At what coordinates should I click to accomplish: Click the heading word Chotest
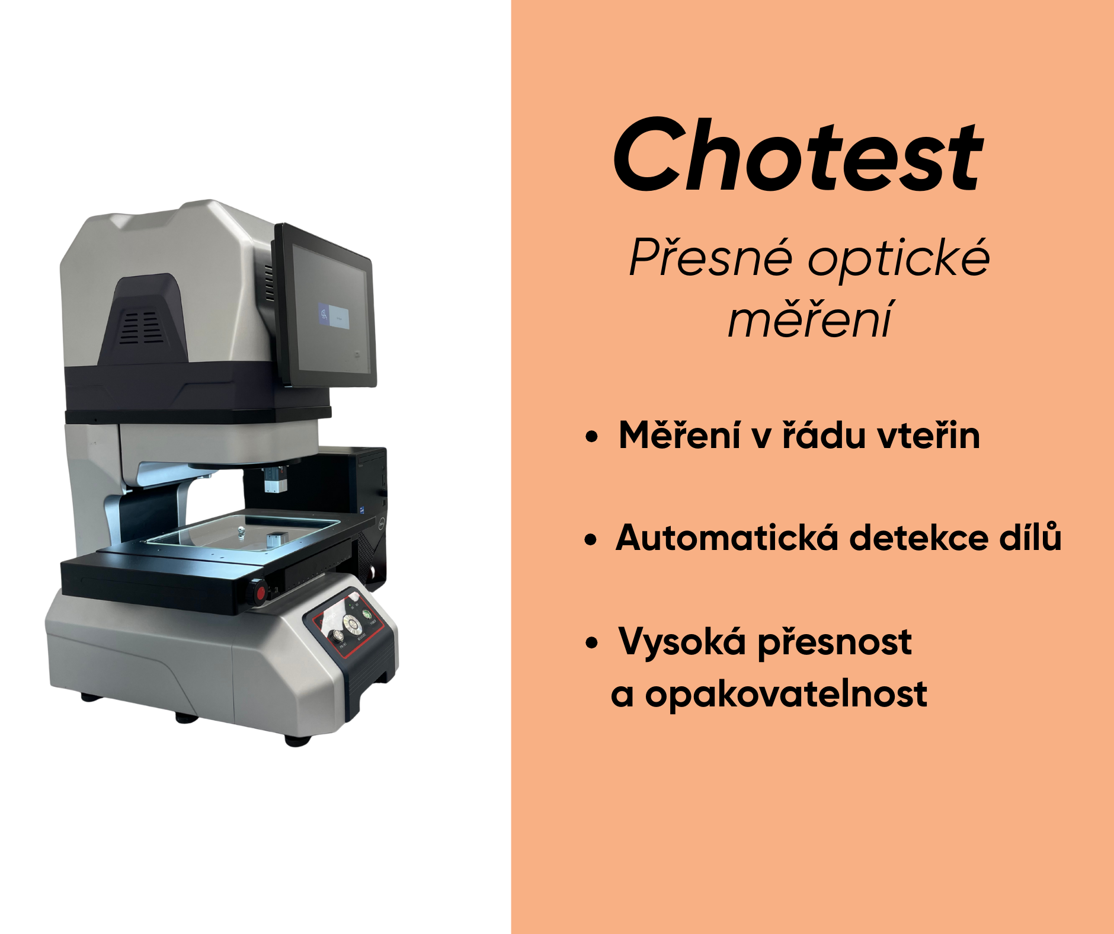pos(798,155)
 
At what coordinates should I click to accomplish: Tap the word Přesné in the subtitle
pos(710,258)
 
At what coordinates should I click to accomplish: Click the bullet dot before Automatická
pos(591,540)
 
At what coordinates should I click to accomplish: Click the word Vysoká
pos(682,642)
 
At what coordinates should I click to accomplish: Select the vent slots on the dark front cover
pos(141,327)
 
